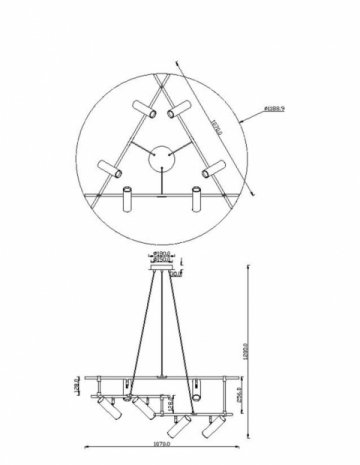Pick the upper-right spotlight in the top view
(176, 111)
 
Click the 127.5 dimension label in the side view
(172, 404)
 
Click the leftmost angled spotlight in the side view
(107, 412)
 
